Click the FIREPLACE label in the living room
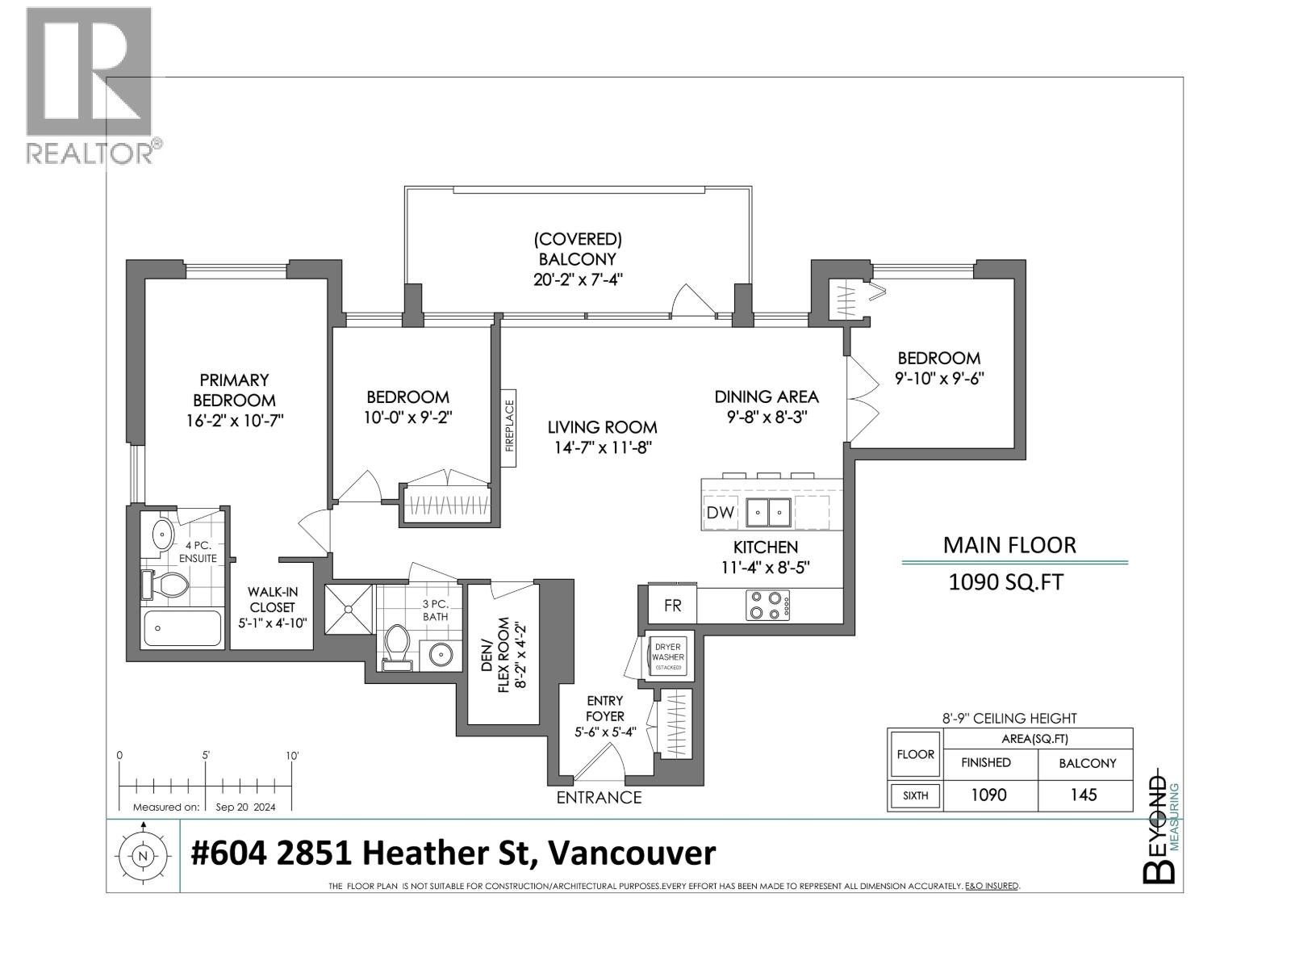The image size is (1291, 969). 509,428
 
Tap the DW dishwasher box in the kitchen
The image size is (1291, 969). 720,512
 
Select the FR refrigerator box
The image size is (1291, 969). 672,605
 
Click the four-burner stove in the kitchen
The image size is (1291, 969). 767,605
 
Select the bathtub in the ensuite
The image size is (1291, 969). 182,628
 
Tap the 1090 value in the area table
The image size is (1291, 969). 988,795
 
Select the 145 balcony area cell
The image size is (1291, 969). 1084,795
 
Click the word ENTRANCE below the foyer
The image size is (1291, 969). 599,798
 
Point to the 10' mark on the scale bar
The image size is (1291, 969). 292,756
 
